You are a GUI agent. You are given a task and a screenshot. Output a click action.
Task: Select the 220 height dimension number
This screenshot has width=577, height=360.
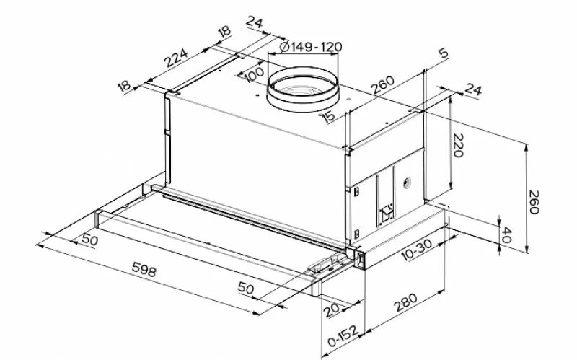coord(460,146)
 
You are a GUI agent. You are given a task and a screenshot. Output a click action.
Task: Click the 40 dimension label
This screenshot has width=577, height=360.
coord(506,234)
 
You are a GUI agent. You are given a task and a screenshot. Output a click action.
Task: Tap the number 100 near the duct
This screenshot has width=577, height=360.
coord(253,75)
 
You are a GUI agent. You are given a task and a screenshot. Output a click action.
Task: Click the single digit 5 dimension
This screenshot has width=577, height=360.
coord(443,53)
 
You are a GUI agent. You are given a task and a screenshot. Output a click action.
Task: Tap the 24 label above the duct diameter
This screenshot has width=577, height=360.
coord(255,22)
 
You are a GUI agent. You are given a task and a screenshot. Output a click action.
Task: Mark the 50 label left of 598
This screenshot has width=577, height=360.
coord(89,239)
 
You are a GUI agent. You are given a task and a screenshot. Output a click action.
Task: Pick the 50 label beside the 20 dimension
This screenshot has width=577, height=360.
coord(246,289)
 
